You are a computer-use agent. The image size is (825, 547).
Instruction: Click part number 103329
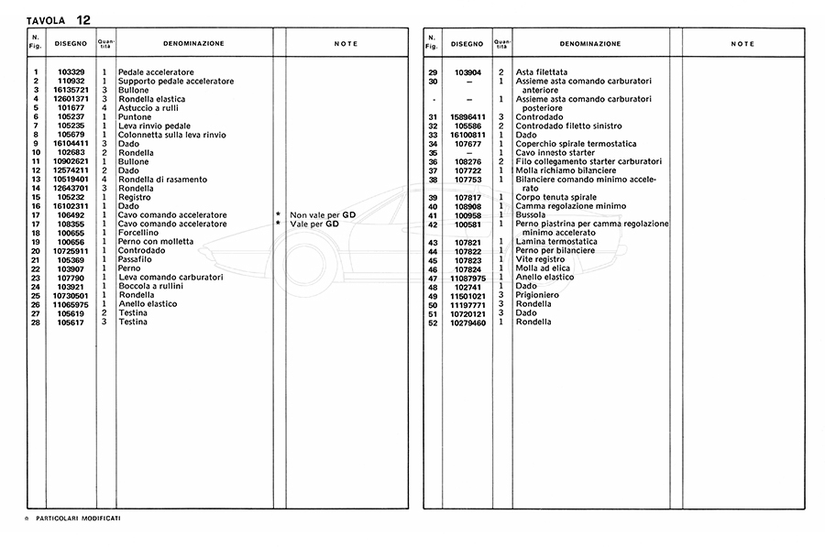71,72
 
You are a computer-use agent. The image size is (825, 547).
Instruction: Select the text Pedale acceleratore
156,72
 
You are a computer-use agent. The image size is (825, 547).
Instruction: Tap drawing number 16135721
71,90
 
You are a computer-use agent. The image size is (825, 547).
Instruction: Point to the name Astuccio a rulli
149,108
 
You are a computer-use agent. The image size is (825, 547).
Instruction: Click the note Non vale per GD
314,214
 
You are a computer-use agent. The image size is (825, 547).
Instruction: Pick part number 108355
71,224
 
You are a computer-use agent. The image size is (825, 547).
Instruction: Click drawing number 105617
71,322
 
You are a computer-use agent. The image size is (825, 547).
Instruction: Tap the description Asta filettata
542,72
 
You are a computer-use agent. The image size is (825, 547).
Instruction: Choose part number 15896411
467,116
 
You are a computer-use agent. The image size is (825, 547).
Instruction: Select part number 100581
467,224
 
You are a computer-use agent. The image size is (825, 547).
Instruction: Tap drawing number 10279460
467,322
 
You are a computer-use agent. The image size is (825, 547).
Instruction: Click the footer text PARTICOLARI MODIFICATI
78,519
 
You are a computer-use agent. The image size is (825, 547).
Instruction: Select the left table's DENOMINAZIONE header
193,43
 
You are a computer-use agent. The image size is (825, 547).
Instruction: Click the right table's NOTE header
743,43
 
